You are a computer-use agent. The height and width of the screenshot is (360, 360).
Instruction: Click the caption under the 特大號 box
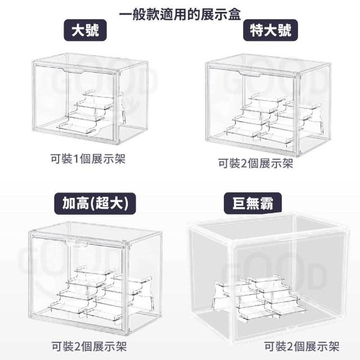pos(256,163)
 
